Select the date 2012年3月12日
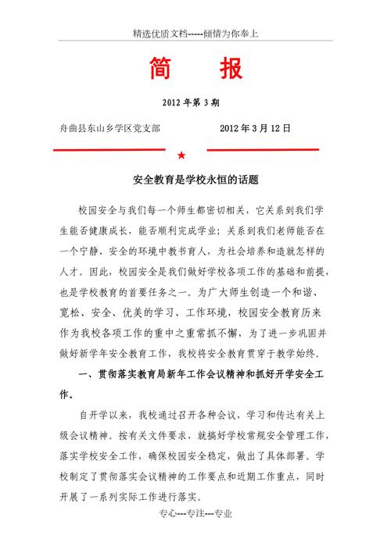tap(256, 127)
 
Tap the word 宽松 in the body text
tap(72, 312)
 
